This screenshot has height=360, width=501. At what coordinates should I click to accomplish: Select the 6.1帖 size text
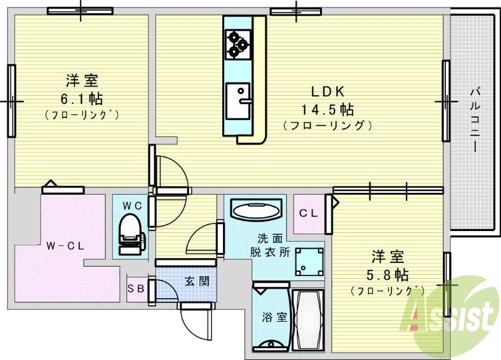click(x=81, y=98)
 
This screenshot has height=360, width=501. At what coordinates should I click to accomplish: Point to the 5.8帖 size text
click(x=388, y=275)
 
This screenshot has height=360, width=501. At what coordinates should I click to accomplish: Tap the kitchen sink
click(x=238, y=100)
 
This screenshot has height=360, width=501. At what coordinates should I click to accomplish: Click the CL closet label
click(x=308, y=213)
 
